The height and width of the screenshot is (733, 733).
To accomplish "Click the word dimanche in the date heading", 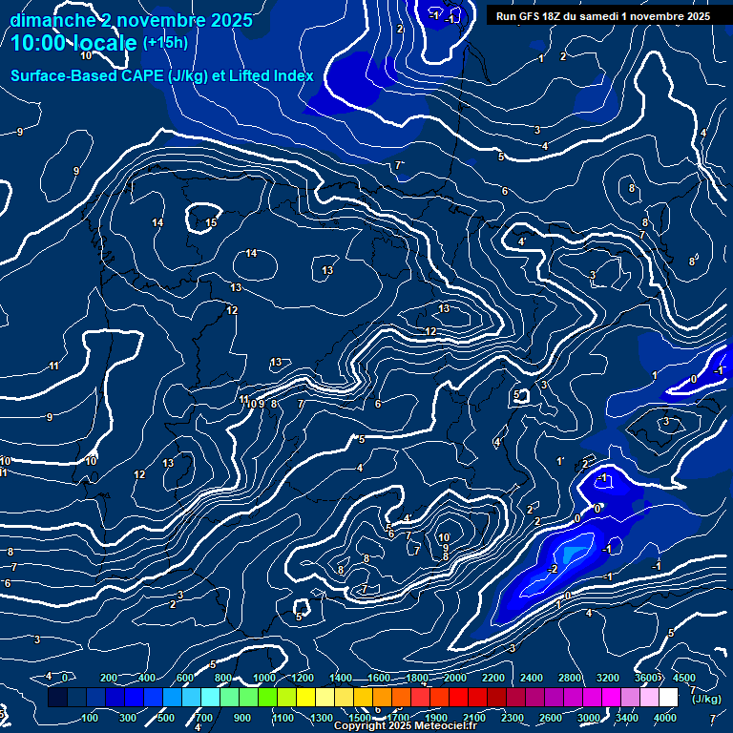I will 52,20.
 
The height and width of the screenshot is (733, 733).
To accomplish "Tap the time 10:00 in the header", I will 42,43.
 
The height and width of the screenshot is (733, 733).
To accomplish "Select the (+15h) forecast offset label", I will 165,43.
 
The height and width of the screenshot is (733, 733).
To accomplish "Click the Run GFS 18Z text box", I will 602,16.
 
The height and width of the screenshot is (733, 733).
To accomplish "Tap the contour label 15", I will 211,222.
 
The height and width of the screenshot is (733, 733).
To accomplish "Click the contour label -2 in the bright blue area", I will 552,569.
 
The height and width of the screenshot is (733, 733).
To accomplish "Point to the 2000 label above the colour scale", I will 455,678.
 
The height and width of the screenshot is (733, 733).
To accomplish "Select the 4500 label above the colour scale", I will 683,678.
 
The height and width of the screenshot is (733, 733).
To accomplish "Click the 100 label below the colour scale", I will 91,718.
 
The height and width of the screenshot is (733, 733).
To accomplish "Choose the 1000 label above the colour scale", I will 264,678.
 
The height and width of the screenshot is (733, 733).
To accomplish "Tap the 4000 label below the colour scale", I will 665,718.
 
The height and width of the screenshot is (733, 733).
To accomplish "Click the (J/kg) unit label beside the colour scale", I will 707,700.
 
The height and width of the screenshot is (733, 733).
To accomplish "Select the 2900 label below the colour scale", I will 552,718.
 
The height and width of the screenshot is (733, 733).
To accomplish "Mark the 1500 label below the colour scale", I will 360,718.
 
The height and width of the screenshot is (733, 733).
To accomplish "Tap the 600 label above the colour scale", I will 185,678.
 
